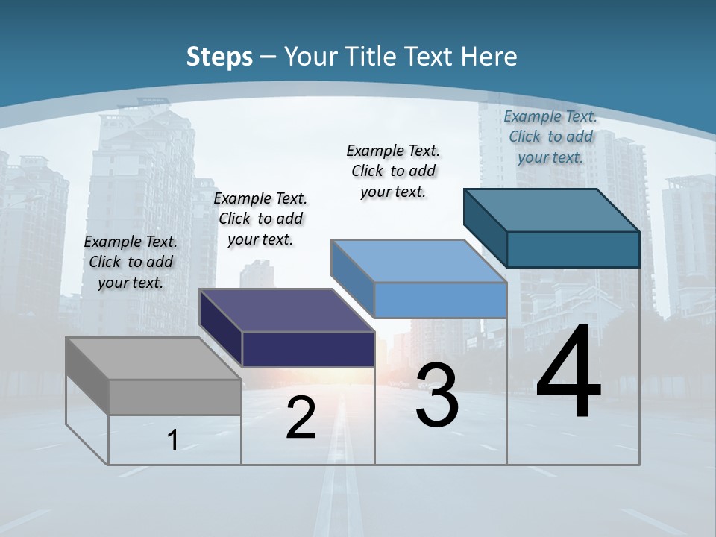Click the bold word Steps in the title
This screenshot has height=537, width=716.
219,57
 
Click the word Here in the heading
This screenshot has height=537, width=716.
490,57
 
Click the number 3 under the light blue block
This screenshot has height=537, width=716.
437,395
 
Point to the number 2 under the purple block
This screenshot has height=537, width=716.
301,418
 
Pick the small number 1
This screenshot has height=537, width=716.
173,440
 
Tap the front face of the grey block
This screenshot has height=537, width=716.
175,397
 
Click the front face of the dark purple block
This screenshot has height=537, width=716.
308,349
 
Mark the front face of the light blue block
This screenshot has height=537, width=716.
440,300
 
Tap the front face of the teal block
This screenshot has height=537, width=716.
573,249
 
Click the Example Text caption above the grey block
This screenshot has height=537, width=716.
131,262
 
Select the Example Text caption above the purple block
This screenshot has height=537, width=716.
260,219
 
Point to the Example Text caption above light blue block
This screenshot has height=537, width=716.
393,171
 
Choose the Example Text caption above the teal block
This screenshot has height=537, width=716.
550,136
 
